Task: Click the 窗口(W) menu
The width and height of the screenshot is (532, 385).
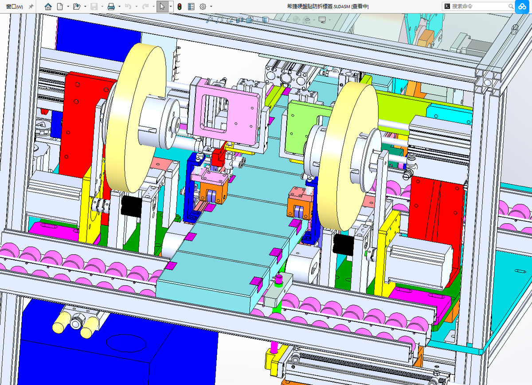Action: pyautogui.click(x=15, y=7)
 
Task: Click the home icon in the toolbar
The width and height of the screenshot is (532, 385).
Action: pyautogui.click(x=48, y=6)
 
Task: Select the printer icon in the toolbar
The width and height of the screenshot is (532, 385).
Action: pyautogui.click(x=111, y=7)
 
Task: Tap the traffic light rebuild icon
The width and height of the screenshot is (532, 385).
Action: pyautogui.click(x=180, y=7)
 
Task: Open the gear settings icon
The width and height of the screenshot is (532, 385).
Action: pyautogui.click(x=203, y=7)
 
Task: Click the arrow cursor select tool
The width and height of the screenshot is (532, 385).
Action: pyautogui.click(x=162, y=6)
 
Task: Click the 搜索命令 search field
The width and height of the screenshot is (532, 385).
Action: pyautogui.click(x=478, y=6)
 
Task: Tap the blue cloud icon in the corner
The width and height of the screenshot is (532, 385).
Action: pyautogui.click(x=522, y=7)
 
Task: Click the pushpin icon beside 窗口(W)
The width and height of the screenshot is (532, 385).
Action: pyautogui.click(x=31, y=7)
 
